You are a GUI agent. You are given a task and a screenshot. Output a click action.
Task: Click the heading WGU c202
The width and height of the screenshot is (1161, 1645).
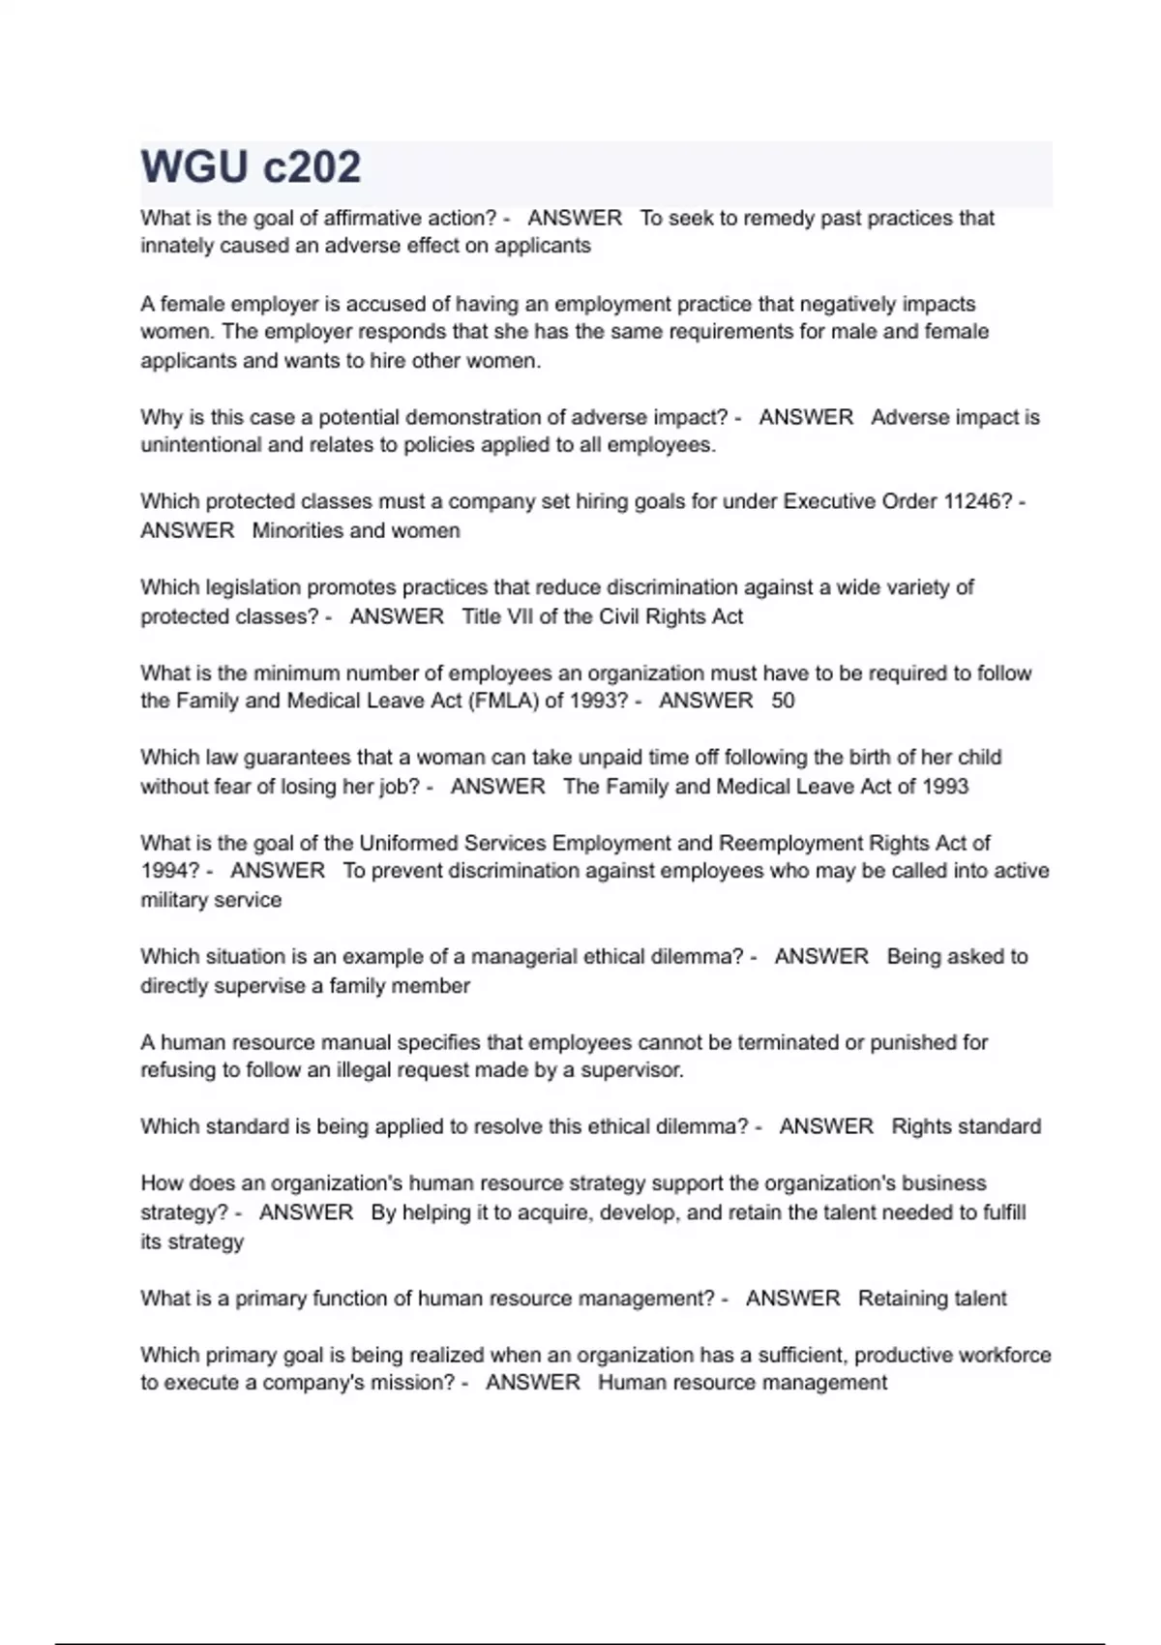251,167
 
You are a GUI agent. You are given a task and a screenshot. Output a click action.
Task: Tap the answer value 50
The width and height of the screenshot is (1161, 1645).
783,701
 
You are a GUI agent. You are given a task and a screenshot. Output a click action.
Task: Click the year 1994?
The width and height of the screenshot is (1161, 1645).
170,871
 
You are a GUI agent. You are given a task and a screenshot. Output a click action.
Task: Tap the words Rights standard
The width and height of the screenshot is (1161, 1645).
966,1126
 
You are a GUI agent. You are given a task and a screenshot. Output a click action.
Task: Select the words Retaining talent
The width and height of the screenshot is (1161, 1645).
932,1299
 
